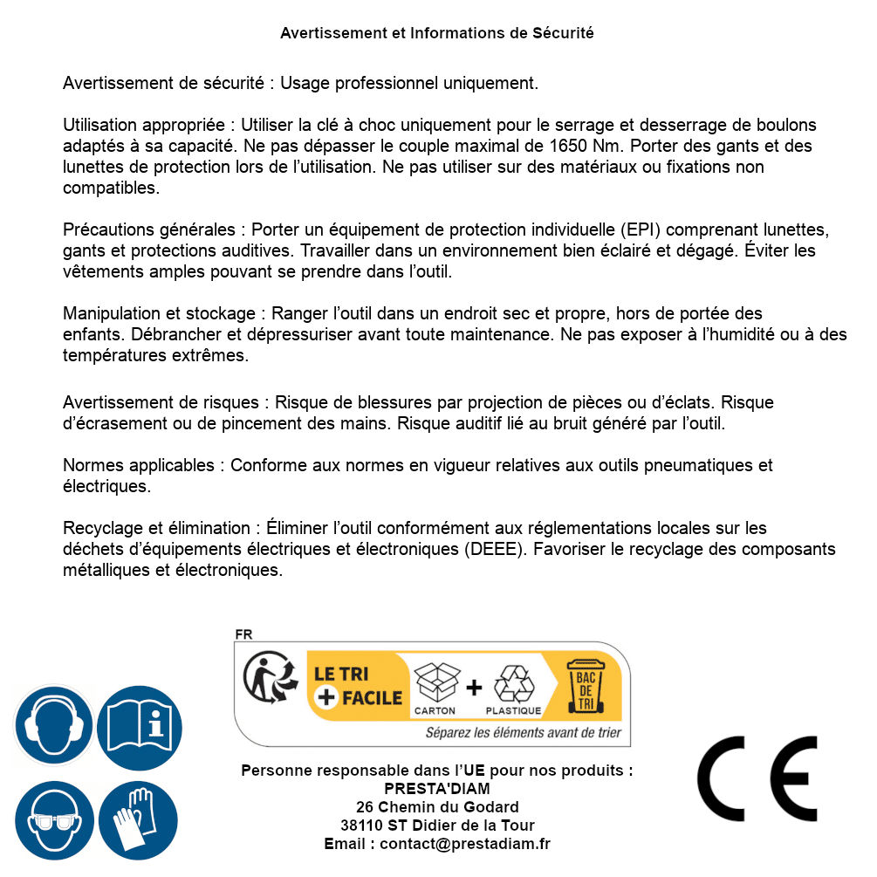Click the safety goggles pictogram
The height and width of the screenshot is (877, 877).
coord(53,821)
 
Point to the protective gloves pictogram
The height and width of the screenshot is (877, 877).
coord(139,821)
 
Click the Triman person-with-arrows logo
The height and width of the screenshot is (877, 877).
coord(269,681)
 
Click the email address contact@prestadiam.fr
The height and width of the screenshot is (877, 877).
coord(465,844)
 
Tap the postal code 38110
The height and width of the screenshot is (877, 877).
coord(360,826)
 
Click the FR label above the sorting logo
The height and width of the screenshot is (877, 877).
coord(243,634)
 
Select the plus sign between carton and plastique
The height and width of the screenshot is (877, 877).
coord(474,687)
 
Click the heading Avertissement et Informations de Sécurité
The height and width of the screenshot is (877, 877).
coord(437,33)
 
